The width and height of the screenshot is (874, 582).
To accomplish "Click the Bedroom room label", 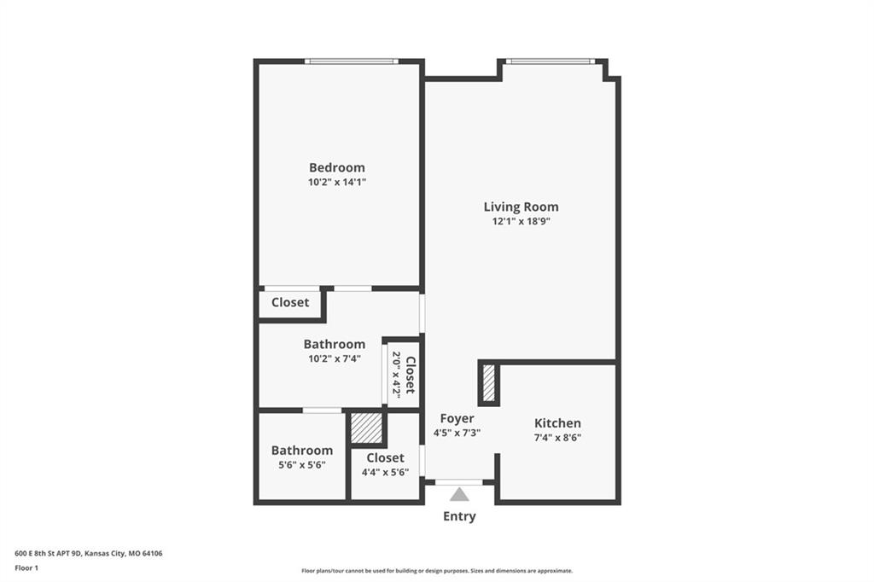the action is [336, 167].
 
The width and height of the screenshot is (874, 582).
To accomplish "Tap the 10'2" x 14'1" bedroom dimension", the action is [336, 182].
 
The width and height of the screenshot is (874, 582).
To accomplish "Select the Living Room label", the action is [521, 207].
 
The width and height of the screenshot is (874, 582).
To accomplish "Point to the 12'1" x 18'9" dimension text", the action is [521, 221].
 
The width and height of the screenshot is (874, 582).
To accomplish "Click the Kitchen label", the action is [557, 423].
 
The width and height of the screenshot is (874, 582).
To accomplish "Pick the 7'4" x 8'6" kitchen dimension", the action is [557, 438].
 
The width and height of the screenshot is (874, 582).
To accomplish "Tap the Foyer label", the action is [457, 419].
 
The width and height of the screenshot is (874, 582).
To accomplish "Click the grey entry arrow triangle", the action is [459, 494].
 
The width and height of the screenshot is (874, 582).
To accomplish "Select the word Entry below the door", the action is [459, 516].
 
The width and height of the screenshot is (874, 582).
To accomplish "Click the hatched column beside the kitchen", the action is [489, 383].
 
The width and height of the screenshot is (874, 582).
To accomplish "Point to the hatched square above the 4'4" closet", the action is [365, 428].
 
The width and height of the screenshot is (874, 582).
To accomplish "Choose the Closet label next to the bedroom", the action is [290, 302].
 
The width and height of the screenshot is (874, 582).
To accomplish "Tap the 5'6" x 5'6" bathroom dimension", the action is [302, 465].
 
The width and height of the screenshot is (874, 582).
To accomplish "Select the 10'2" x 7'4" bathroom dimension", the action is [335, 358].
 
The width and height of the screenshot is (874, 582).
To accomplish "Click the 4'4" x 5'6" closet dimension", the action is [385, 472].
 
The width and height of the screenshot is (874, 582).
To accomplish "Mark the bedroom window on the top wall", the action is [351, 61].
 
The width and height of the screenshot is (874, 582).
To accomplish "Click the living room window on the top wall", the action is [551, 61].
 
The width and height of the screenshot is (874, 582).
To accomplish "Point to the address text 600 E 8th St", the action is [49, 554].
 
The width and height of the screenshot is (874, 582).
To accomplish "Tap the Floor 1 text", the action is [26, 568].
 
